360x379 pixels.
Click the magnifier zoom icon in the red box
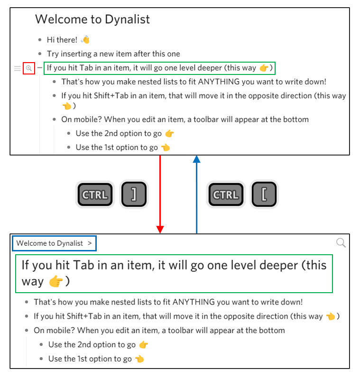[29, 68]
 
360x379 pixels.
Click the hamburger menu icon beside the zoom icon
[18, 68]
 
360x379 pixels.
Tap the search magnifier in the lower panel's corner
[341, 243]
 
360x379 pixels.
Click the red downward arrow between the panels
[160, 194]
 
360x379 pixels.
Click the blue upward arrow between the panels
[196, 194]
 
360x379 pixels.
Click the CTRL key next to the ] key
[95, 194]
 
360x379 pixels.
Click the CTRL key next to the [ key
[226, 194]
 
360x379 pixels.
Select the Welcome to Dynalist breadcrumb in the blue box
[50, 243]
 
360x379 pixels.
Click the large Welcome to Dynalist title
[92, 19]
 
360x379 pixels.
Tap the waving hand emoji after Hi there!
[85, 40]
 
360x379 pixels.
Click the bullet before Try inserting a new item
[40, 54]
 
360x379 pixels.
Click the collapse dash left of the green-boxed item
[39, 68]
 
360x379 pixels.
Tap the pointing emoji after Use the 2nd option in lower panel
[143, 345]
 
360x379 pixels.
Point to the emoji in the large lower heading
[55, 281]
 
